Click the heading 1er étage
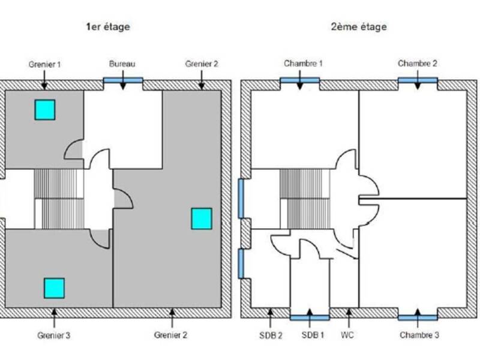(x=108, y=27)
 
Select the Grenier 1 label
(x=44, y=63)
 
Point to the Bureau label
(x=122, y=63)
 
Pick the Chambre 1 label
(x=303, y=63)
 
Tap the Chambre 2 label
(x=418, y=63)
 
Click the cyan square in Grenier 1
(x=44, y=109)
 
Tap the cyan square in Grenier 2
(x=201, y=218)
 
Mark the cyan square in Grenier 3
(x=54, y=288)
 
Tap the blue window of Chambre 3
(x=418, y=316)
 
